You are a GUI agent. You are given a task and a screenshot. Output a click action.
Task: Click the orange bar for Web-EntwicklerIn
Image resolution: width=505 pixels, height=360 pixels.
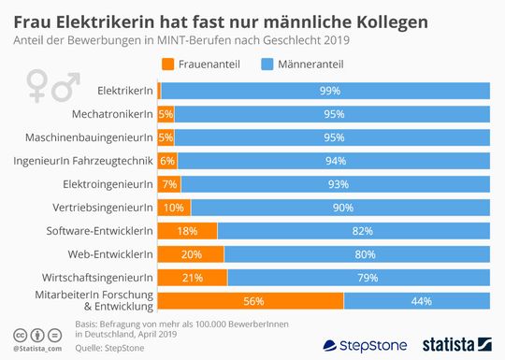pyautogui.click(x=191, y=253)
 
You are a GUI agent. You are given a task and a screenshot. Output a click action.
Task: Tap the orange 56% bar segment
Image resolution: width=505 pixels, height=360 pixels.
pyautogui.click(x=251, y=300)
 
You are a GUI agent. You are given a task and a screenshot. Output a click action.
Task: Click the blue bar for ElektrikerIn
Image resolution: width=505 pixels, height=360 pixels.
pyautogui.click(x=326, y=90)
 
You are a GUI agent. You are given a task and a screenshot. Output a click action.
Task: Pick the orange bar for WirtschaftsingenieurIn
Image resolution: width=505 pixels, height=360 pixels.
pyautogui.click(x=193, y=277)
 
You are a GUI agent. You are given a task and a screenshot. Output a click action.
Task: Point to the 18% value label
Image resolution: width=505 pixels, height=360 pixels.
pyautogui.click(x=187, y=230)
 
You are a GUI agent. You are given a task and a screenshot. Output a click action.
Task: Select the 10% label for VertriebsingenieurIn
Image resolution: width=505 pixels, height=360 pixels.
pyautogui.click(x=173, y=207)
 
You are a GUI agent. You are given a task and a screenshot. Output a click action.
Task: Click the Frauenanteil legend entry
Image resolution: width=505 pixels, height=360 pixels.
pyautogui.click(x=201, y=65)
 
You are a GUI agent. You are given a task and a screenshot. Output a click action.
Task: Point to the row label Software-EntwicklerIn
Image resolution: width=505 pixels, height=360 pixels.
pyautogui.click(x=99, y=230)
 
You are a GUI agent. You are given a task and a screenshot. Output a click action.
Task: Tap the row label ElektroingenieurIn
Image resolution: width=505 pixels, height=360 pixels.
pyautogui.click(x=107, y=183)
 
